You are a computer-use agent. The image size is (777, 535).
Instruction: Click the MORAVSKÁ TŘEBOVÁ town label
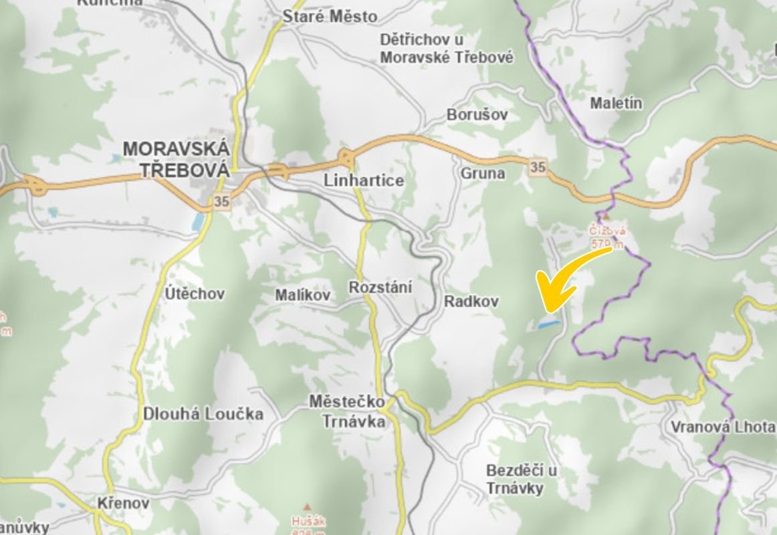click(176, 158)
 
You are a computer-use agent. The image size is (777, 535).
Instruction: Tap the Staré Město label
click(330, 17)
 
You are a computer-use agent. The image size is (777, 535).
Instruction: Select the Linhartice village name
click(363, 181)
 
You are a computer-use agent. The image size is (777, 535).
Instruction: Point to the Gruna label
click(482, 173)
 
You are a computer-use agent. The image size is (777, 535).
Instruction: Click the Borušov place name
click(477, 115)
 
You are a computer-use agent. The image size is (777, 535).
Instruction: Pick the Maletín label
click(616, 103)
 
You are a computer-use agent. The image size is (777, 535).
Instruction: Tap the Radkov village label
click(471, 302)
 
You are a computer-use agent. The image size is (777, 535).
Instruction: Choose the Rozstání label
click(380, 288)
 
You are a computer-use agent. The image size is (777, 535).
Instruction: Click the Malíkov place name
click(303, 295)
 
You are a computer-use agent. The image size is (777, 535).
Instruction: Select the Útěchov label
click(195, 294)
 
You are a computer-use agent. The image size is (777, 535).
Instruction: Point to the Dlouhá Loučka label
click(203, 414)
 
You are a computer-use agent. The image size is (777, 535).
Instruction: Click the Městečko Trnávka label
click(347, 412)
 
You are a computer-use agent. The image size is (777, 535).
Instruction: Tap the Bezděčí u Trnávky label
click(521, 479)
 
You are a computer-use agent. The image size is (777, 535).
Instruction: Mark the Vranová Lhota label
click(723, 427)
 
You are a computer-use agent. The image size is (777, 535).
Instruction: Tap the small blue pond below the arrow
click(549, 324)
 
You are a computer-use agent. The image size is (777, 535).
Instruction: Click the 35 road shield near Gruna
click(538, 167)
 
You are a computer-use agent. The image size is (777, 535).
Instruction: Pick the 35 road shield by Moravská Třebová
click(222, 201)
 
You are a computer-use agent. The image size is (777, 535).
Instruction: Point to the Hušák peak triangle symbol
click(308, 507)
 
